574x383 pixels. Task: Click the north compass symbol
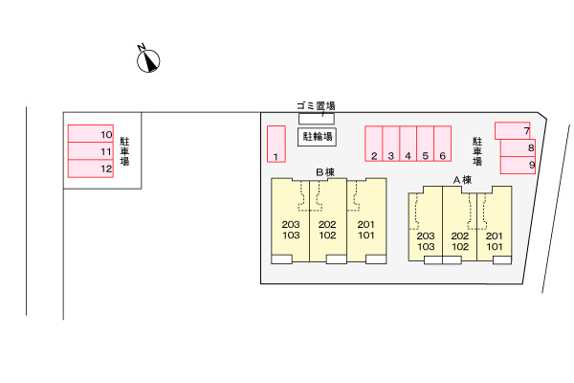pyautogui.click(x=148, y=60)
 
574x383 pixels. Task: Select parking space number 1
pyautogui.click(x=276, y=144)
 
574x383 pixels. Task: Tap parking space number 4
pyautogui.click(x=408, y=144)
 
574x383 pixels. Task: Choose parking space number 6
pyautogui.click(x=443, y=144)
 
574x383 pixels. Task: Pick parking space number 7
pyautogui.click(x=513, y=131)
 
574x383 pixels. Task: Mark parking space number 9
pyautogui.click(x=518, y=165)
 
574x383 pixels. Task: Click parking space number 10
pyautogui.click(x=91, y=134)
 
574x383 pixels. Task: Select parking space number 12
pyautogui.click(x=91, y=169)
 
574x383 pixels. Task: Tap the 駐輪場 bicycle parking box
pyautogui.click(x=317, y=137)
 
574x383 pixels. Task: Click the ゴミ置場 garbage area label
pyautogui.click(x=316, y=106)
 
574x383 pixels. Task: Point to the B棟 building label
pyautogui.click(x=325, y=172)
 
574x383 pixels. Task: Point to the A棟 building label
pyautogui.click(x=462, y=180)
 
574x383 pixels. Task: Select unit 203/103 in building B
pyautogui.click(x=290, y=220)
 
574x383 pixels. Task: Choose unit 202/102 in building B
pyautogui.click(x=328, y=220)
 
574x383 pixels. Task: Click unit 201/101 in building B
pyautogui.click(x=366, y=220)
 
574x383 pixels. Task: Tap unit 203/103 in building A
pyautogui.click(x=426, y=225)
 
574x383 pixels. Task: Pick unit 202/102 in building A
pyautogui.click(x=460, y=225)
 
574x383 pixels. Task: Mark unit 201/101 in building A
pyautogui.click(x=495, y=225)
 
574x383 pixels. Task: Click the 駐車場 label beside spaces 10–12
pyautogui.click(x=124, y=151)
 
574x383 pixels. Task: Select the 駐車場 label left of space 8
pyautogui.click(x=477, y=151)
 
